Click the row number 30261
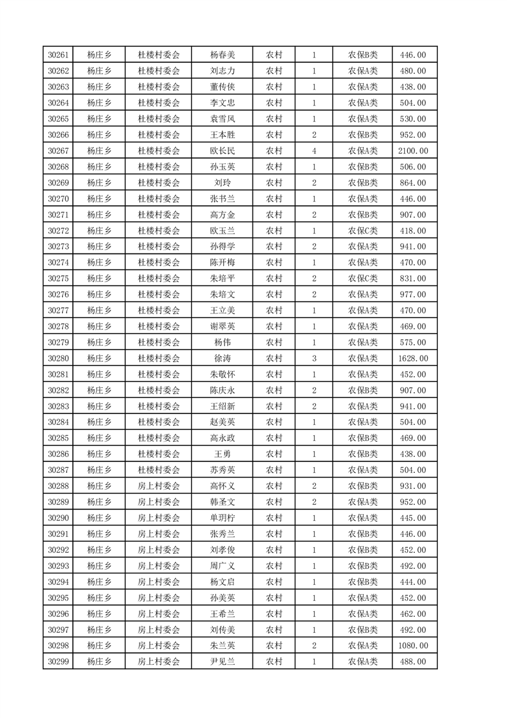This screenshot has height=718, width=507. (58, 55)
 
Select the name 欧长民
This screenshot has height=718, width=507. (222, 151)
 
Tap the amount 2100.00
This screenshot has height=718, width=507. (412, 151)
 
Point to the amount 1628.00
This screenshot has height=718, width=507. (412, 358)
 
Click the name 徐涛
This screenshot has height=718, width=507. (222, 358)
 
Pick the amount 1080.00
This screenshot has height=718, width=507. (412, 646)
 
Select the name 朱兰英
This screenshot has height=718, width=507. (222, 646)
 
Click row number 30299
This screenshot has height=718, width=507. (58, 662)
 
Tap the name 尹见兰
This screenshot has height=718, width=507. (222, 662)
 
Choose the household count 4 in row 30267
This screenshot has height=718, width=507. (314, 151)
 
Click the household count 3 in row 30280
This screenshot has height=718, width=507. (314, 358)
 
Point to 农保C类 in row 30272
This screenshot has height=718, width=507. (363, 230)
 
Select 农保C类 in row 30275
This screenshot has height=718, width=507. (363, 278)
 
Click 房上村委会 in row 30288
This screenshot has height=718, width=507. (159, 486)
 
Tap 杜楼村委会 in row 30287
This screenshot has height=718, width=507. (159, 470)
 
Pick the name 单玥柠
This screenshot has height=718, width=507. (222, 518)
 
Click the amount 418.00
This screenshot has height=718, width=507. (412, 230)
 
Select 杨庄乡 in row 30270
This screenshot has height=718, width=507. (99, 199)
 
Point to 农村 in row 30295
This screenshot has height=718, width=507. (274, 598)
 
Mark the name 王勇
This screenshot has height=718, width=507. (222, 454)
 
